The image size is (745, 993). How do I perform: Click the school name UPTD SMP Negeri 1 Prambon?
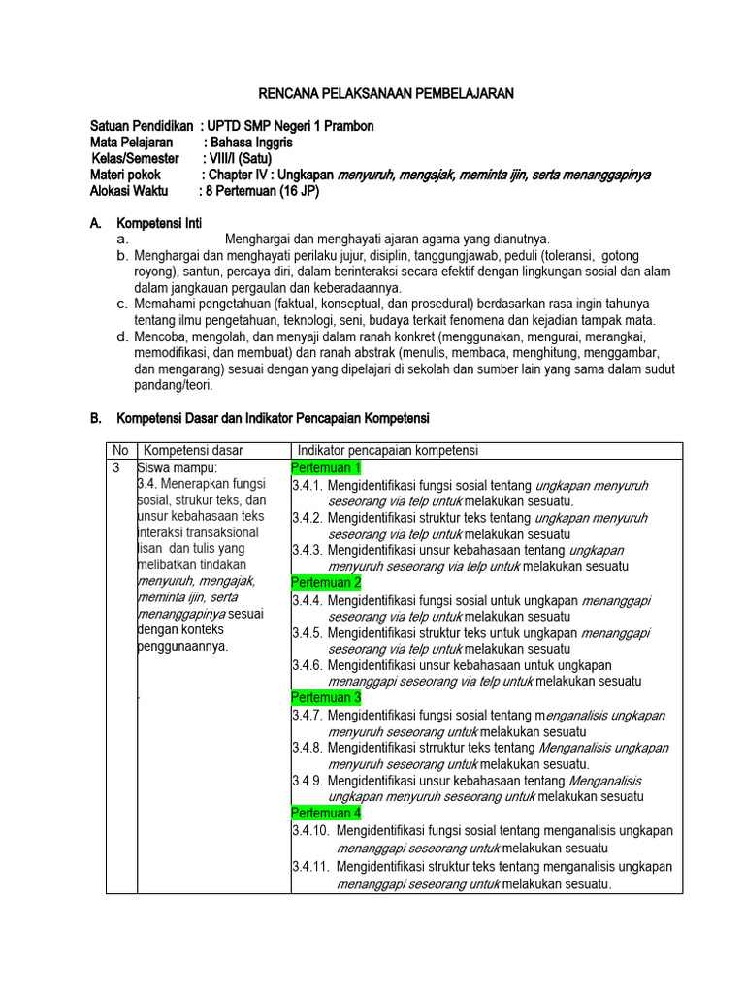pyautogui.click(x=292, y=127)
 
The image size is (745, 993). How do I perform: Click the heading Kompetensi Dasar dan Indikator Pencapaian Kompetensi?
pyautogui.click(x=273, y=418)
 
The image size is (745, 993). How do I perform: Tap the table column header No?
pyautogui.click(x=120, y=451)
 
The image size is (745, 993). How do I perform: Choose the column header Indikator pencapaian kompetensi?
pyautogui.click(x=387, y=451)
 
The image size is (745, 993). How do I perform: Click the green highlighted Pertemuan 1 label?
pyautogui.click(x=326, y=468)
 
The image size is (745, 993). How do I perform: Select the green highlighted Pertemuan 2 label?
pyautogui.click(x=326, y=583)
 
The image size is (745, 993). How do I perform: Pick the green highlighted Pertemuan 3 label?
pyautogui.click(x=326, y=697)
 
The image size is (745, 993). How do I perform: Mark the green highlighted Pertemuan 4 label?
pyautogui.click(x=326, y=813)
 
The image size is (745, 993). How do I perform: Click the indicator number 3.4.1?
pyautogui.click(x=308, y=485)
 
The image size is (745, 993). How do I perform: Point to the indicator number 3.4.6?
pyautogui.click(x=308, y=665)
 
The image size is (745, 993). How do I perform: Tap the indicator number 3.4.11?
pyautogui.click(x=310, y=867)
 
